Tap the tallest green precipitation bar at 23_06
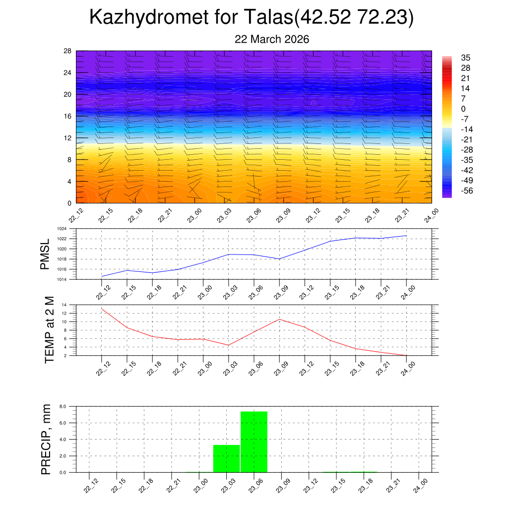point(254,442)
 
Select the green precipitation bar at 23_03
point(226,458)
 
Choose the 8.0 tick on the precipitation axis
point(63,406)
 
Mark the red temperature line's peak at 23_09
point(279,319)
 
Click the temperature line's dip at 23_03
point(228,345)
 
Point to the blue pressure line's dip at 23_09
point(279,259)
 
